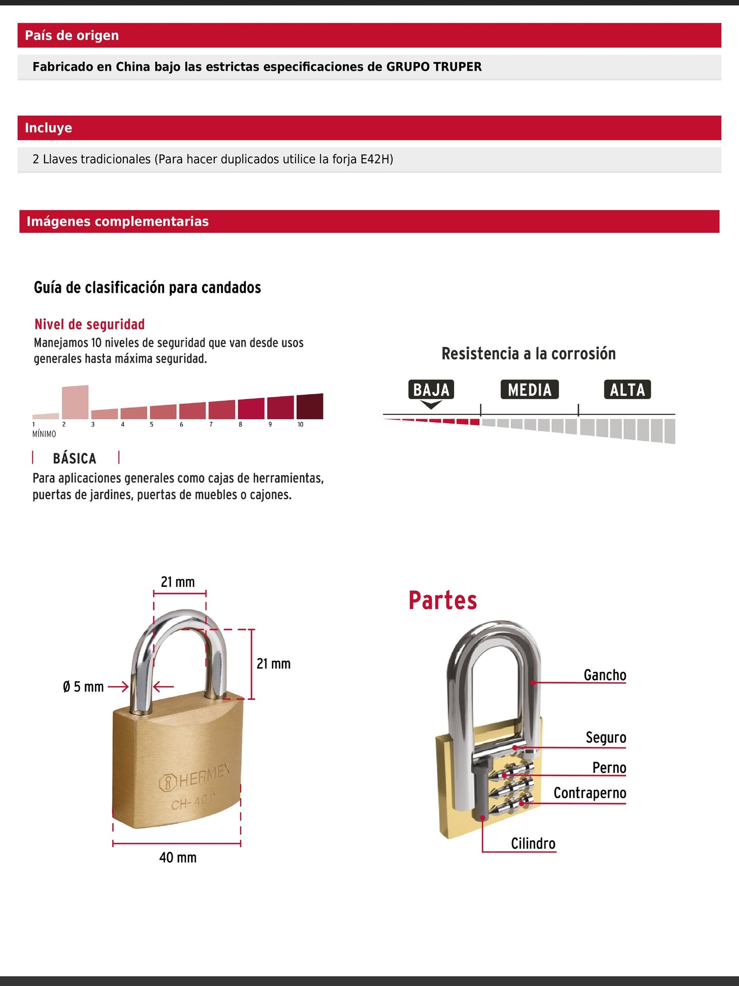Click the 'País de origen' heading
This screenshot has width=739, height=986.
coord(72,35)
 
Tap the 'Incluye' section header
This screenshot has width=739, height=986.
coord(49,128)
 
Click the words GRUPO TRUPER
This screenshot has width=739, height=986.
coord(434,67)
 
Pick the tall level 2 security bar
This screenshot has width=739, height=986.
coord(75,402)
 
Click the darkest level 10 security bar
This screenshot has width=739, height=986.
coord(309,406)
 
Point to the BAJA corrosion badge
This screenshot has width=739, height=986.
coord(431,390)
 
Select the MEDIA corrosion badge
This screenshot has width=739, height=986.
coord(529,390)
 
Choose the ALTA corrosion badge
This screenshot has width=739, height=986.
coord(627,390)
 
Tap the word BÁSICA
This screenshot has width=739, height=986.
coord(75,458)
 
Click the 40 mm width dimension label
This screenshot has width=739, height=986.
coord(177,858)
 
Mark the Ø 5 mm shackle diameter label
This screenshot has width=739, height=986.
coord(83,687)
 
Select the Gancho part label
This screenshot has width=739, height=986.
coord(604,675)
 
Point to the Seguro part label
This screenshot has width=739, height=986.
coord(606,737)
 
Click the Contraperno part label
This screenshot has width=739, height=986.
coord(590,793)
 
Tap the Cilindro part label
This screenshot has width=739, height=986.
coord(533,843)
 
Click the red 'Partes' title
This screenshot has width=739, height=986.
coord(442,601)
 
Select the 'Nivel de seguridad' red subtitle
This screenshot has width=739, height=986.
coord(89,324)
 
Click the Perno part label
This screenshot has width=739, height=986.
coord(609,768)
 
